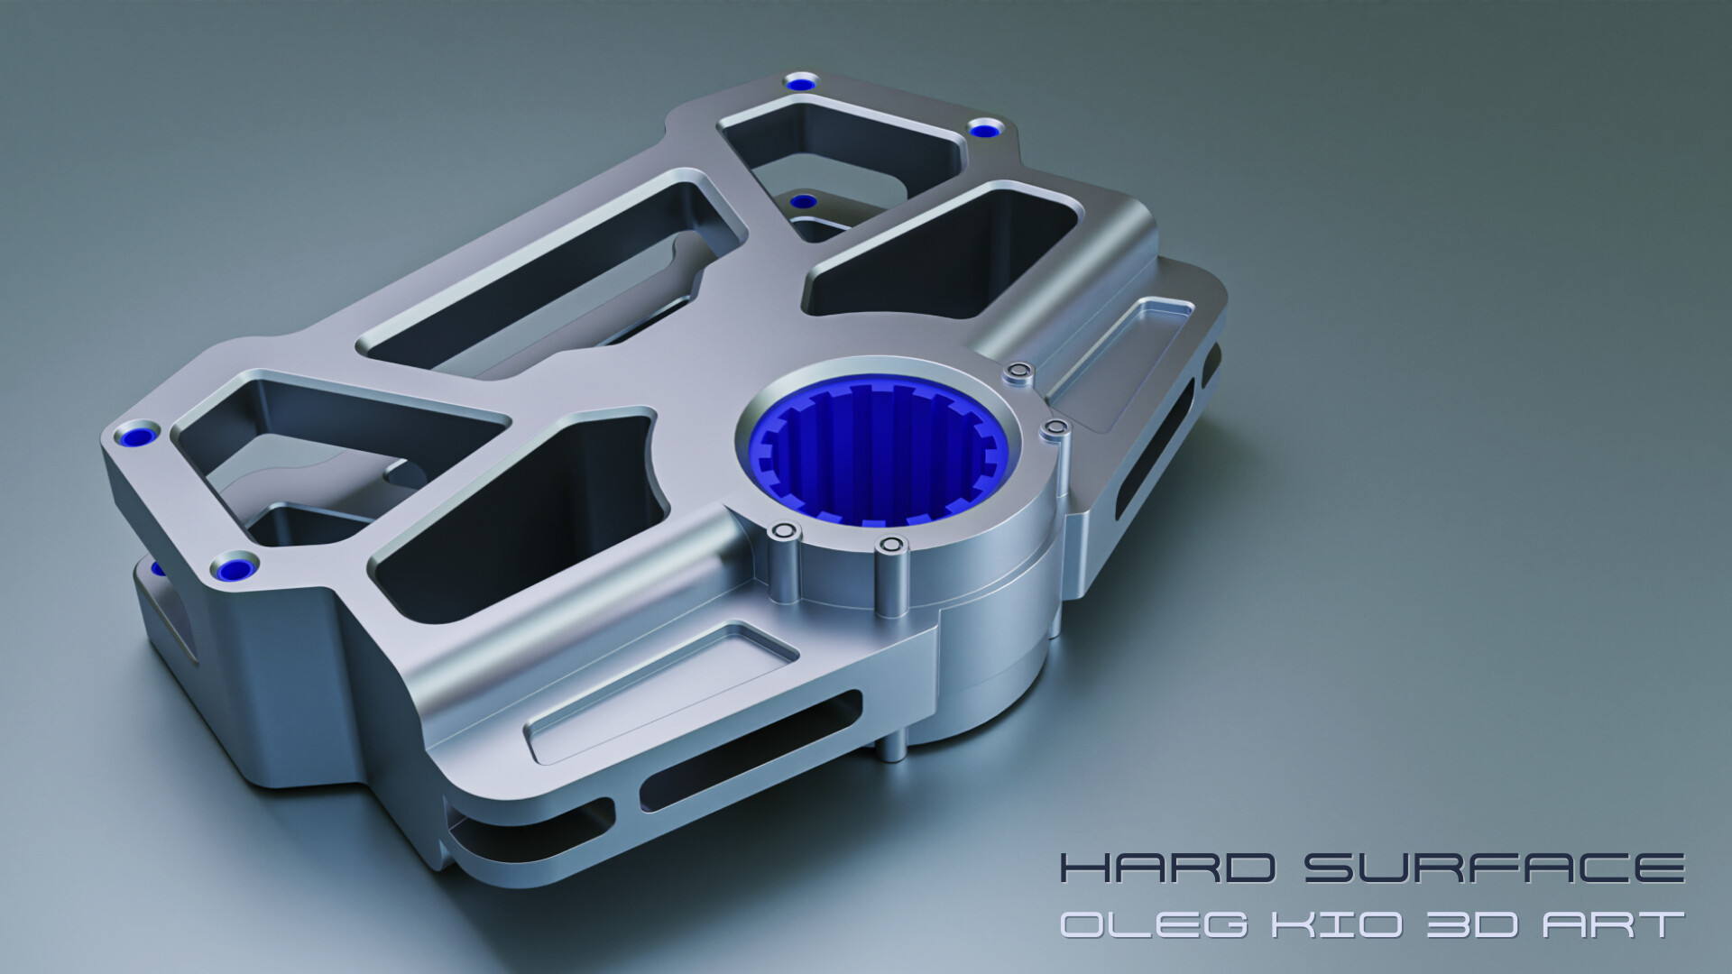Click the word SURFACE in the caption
[x=1494, y=869]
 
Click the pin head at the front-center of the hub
[x=892, y=545]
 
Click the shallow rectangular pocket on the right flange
[x=1123, y=361]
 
